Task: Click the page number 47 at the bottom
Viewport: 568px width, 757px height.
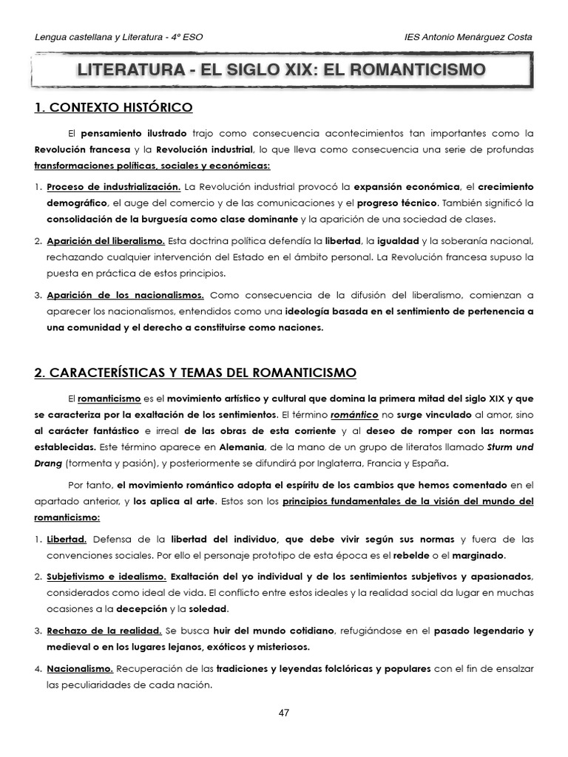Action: point(284,713)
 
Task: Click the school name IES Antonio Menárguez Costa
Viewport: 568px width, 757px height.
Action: point(469,37)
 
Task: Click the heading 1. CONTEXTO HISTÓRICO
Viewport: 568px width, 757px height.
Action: point(113,108)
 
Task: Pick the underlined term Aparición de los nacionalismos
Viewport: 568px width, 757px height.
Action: point(125,295)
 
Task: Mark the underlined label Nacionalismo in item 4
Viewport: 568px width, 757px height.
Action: point(80,668)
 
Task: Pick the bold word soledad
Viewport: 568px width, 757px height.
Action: point(209,609)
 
